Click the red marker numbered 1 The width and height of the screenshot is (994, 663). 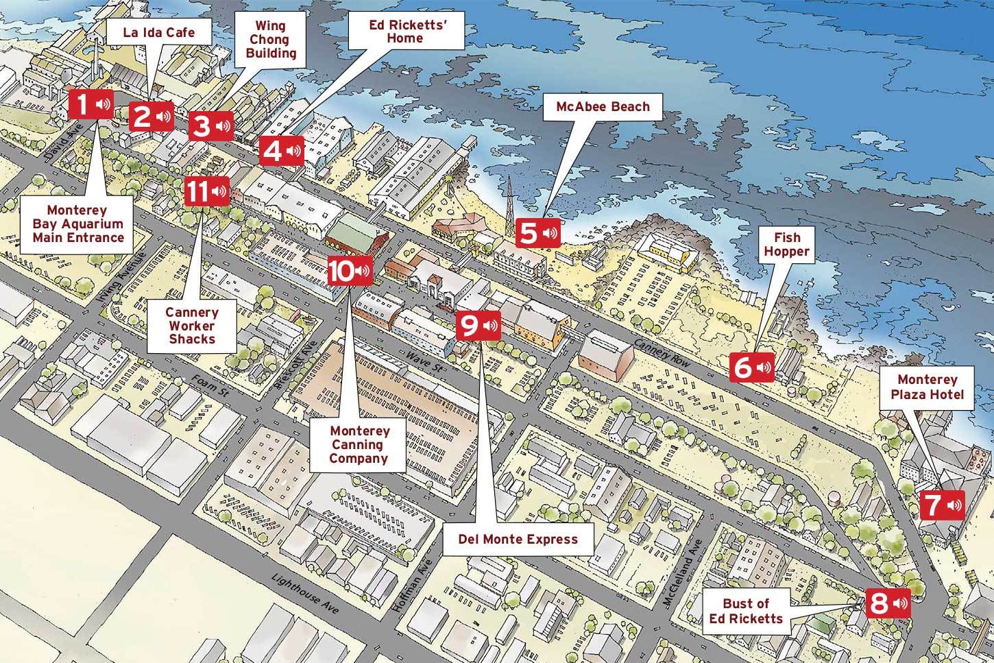coord(91,106)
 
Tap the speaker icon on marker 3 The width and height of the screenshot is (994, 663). coord(223,126)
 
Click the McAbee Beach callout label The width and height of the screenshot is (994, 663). coord(603,106)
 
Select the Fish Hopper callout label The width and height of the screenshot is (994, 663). coord(786,244)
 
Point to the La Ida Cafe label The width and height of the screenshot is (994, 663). coord(159,32)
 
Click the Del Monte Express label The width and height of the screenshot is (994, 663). coord(518,539)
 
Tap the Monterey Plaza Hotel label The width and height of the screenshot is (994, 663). coord(927,387)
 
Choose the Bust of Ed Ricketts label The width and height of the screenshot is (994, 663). coord(751,611)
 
